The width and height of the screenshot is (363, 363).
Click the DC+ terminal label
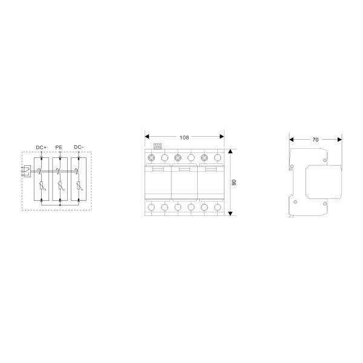click(x=41, y=147)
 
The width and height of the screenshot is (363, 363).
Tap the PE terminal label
click(x=59, y=147)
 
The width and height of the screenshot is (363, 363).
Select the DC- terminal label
click(x=78, y=147)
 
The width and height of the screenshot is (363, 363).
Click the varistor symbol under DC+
click(x=41, y=188)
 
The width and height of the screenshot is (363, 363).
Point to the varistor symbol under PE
click(x=59, y=188)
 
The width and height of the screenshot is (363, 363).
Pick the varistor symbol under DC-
click(x=78, y=188)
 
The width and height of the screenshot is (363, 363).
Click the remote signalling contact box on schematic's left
click(x=25, y=172)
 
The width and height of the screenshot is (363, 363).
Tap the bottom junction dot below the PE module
click(x=59, y=204)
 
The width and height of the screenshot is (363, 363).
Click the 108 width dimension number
click(x=184, y=137)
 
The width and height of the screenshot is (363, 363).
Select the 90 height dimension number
click(x=235, y=181)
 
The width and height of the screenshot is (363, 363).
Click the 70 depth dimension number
click(x=315, y=140)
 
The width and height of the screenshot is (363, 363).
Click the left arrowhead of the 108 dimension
click(x=147, y=137)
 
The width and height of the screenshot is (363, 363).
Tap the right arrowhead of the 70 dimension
click(x=339, y=140)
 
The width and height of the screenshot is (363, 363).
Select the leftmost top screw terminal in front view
click(x=151, y=159)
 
